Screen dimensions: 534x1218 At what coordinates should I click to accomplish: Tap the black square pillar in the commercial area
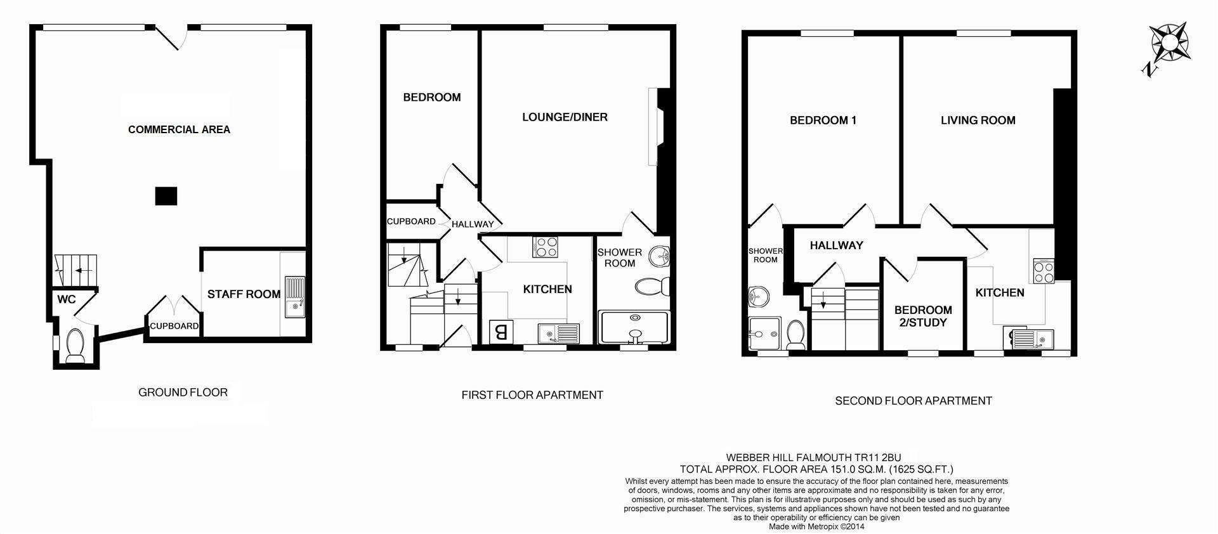coord(166,196)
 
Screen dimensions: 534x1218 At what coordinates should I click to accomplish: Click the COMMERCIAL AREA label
coord(179,129)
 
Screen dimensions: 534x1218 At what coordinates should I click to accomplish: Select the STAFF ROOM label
coord(244,294)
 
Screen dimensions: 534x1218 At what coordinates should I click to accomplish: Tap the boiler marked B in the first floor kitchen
coord(500,332)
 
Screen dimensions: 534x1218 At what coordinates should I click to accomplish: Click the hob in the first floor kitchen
coord(546,247)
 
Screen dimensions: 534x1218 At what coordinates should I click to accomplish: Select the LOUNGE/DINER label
coord(565,117)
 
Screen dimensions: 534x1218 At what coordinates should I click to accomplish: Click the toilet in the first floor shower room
coord(651,287)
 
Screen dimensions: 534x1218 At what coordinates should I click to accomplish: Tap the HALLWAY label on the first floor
coord(473,224)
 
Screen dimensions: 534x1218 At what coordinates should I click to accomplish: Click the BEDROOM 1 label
coord(823,120)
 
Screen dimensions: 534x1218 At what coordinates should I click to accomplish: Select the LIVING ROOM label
coord(978,120)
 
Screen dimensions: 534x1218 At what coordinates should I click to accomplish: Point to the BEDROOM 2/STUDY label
coord(923,316)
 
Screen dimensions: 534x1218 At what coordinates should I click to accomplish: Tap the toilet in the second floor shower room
coord(795,333)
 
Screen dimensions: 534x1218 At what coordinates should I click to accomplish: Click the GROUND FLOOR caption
coord(183,392)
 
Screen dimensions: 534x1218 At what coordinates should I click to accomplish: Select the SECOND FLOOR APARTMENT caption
coord(913,400)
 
